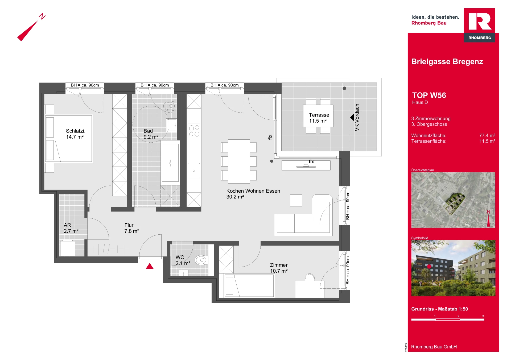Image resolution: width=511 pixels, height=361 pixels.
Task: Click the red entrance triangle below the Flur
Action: (x=150, y=266)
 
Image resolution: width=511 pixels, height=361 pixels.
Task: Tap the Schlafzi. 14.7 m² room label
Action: (x=76, y=134)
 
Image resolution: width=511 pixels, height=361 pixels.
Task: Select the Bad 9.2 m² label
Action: (x=151, y=134)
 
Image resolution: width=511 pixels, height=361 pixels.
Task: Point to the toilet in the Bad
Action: (x=170, y=106)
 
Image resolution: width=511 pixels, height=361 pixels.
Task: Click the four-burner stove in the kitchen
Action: (x=194, y=130)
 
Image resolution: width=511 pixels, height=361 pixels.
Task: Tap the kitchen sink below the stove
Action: (x=194, y=171)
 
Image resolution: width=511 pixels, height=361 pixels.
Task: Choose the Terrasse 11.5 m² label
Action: (x=319, y=118)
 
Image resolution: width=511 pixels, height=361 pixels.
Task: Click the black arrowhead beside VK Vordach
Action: (x=352, y=117)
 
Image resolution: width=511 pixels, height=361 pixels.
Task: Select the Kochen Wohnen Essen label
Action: (x=253, y=191)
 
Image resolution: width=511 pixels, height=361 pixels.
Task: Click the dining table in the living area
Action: (x=239, y=161)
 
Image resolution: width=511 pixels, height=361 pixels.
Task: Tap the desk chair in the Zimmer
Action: (x=310, y=277)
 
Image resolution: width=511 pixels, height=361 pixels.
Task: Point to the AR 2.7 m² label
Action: (x=71, y=228)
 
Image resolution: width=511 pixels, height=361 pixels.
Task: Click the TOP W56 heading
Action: (x=429, y=95)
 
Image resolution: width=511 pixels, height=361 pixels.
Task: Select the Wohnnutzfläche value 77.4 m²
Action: (x=487, y=135)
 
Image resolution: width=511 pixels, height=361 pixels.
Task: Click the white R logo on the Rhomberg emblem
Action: (x=480, y=21)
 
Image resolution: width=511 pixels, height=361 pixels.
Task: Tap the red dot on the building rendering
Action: (x=429, y=266)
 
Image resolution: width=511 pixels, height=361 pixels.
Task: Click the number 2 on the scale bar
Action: (x=458, y=316)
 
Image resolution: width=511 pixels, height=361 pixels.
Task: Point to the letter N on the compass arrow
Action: (x=42, y=16)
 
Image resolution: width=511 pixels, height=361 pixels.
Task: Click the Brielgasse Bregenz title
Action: (x=447, y=62)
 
